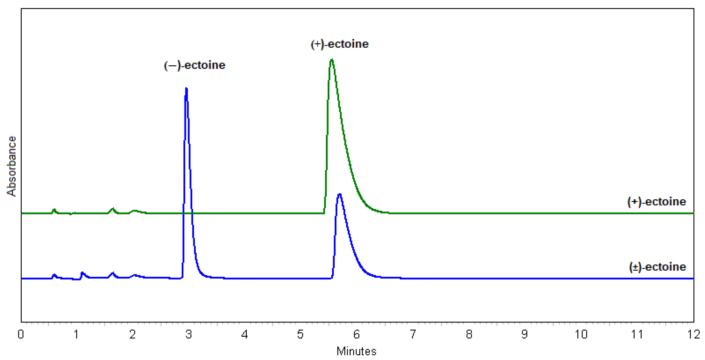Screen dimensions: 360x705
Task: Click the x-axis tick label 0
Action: pyautogui.click(x=21, y=335)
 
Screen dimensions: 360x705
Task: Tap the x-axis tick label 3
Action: pyautogui.click(x=189, y=335)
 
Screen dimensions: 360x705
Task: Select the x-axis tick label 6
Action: pyautogui.click(x=356, y=335)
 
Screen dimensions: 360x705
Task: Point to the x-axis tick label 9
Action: pyautogui.click(x=524, y=335)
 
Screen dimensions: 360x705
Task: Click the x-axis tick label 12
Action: pyautogui.click(x=693, y=335)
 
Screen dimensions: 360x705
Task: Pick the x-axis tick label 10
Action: pyautogui.click(x=581, y=335)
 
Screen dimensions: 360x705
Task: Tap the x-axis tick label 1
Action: pyautogui.click(x=76, y=335)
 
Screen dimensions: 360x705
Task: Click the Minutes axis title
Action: pyautogui.click(x=356, y=351)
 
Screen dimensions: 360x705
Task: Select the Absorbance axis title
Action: pyautogui.click(x=12, y=166)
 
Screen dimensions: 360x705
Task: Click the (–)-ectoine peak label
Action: pyautogui.click(x=195, y=65)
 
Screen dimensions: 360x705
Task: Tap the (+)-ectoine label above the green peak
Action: pyautogui.click(x=339, y=44)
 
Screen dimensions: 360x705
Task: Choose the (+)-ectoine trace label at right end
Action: pyautogui.click(x=656, y=202)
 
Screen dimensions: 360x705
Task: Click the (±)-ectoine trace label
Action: pyautogui.click(x=657, y=267)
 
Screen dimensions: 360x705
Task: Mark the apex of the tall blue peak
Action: pyautogui.click(x=186, y=89)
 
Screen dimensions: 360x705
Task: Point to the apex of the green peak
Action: pyautogui.click(x=332, y=60)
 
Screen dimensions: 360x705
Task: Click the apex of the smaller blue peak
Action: pyautogui.click(x=339, y=194)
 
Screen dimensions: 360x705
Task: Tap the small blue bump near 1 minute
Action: pyautogui.click(x=82, y=273)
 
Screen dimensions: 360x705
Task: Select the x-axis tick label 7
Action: pyautogui.click(x=413, y=335)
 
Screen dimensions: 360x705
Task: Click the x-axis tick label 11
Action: pyautogui.click(x=637, y=335)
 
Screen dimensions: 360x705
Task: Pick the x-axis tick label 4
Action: pyautogui.click(x=244, y=335)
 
